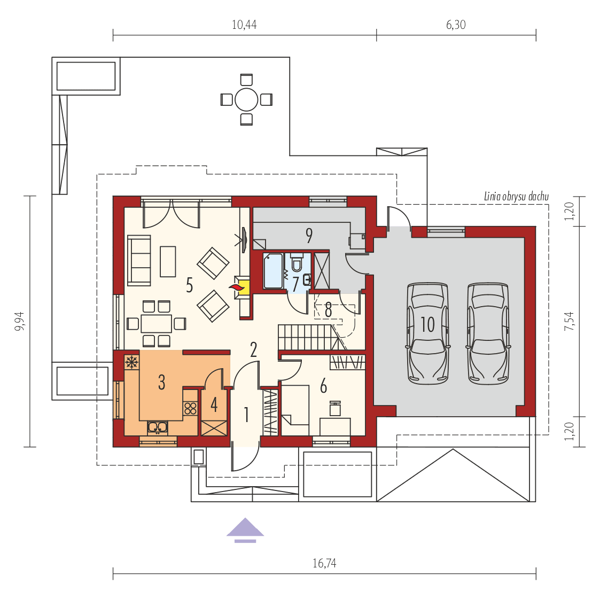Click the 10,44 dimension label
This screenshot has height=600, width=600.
coord(244,25)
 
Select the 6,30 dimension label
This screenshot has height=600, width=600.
coord(455,25)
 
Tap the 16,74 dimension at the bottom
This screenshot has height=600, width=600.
coord(324,563)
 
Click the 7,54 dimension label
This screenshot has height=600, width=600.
coord(571,321)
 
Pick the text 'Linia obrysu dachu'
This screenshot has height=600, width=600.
coord(516,197)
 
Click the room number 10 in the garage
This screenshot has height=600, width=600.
coord(427,324)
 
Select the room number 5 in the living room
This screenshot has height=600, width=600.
coord(189,285)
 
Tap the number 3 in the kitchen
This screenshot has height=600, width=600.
coord(161,383)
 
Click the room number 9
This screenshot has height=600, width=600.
coord(309,235)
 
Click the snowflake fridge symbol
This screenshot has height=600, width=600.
coord(131,362)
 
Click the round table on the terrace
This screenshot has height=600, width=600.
coord(246,99)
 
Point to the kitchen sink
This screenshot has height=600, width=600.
coord(158,426)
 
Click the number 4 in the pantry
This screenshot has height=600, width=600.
coord(214,404)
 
